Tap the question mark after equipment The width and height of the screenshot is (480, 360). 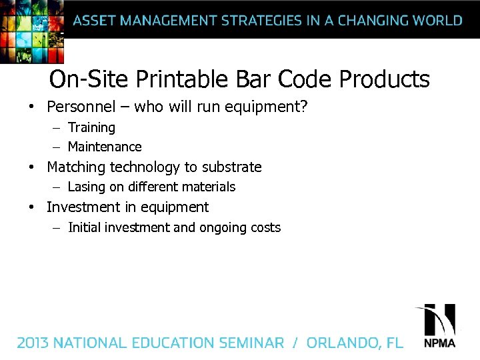[303, 107]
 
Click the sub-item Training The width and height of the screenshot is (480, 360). [91, 127]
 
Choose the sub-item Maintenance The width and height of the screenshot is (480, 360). [105, 147]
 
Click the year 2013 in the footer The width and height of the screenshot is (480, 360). [33, 343]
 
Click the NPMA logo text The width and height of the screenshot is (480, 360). [439, 343]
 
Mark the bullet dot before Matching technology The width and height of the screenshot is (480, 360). [31, 167]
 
